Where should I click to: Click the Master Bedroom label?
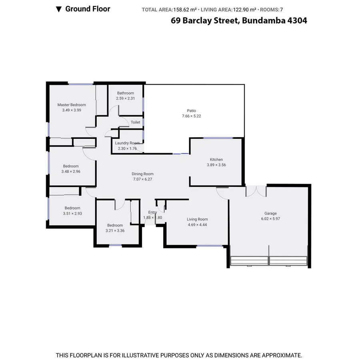(x=72, y=105)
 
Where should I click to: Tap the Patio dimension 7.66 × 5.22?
(x=192, y=116)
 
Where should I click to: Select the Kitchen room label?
(x=216, y=160)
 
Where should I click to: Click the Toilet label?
(x=136, y=122)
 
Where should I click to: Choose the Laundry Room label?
(x=127, y=143)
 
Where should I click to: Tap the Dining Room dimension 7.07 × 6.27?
(x=143, y=179)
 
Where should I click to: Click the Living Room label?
(x=198, y=219)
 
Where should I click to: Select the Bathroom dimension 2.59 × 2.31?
(x=125, y=98)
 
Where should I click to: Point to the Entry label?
(x=152, y=212)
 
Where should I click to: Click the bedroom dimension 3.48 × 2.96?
(x=71, y=172)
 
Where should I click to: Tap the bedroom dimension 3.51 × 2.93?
(x=72, y=214)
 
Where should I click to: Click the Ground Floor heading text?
(x=88, y=9)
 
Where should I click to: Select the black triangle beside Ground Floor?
(x=59, y=9)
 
